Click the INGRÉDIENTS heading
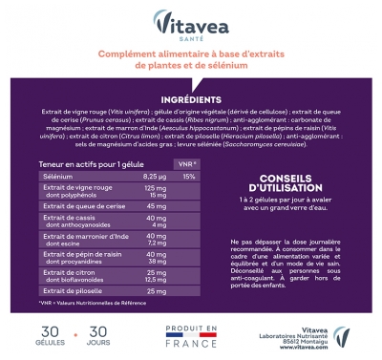[191, 98]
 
